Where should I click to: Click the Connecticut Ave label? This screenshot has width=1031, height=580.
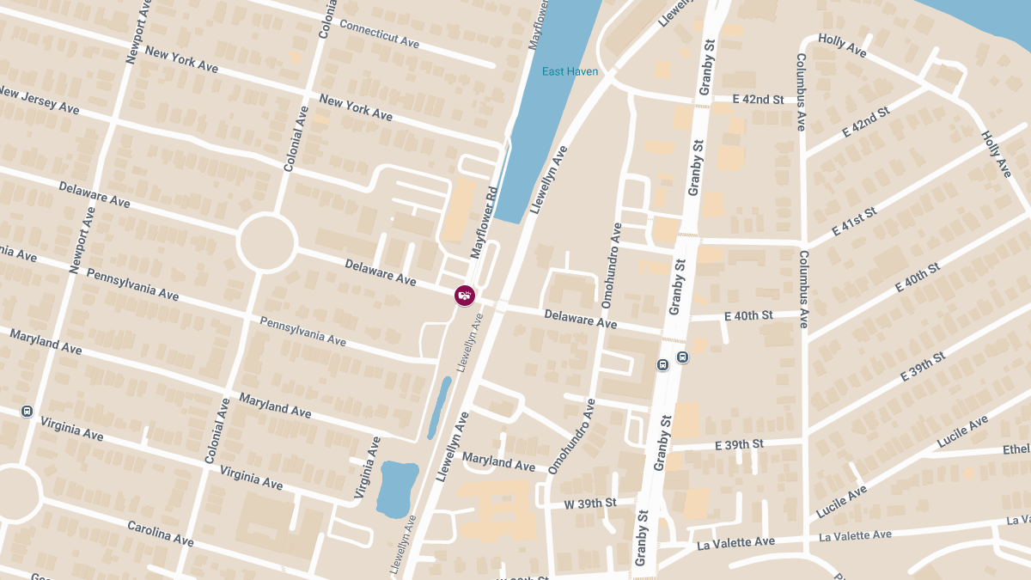pyautogui.click(x=379, y=33)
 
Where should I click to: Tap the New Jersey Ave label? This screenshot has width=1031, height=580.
pyautogui.click(x=39, y=100)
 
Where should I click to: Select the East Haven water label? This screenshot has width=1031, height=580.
pyautogui.click(x=570, y=71)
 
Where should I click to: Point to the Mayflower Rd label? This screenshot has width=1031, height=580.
pyautogui.click(x=485, y=223)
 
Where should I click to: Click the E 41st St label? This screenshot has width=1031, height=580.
pyautogui.click(x=854, y=223)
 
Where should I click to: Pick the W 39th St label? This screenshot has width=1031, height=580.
pyautogui.click(x=590, y=503)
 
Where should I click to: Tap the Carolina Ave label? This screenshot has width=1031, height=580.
pyautogui.click(x=161, y=533)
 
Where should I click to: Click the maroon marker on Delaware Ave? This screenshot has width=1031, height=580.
pyautogui.click(x=464, y=296)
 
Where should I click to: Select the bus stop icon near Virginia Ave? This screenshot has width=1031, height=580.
pyautogui.click(x=27, y=411)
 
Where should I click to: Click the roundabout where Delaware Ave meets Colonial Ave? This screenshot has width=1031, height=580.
pyautogui.click(x=267, y=243)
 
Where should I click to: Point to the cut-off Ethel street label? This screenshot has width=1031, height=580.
pyautogui.click(x=1016, y=449)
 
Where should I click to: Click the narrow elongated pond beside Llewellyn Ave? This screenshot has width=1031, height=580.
pyautogui.click(x=439, y=406)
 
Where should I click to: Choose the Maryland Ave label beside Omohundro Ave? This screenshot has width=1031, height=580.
pyautogui.click(x=498, y=461)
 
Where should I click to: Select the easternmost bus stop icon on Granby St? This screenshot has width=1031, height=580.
pyautogui.click(x=682, y=357)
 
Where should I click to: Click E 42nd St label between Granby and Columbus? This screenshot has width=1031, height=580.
pyautogui.click(x=758, y=100)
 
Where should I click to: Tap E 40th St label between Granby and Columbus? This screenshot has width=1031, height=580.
pyautogui.click(x=748, y=316)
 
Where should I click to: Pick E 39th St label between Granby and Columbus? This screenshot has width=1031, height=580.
pyautogui.click(x=739, y=444)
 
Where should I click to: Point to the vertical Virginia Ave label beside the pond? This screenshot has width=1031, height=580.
pyautogui.click(x=367, y=467)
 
